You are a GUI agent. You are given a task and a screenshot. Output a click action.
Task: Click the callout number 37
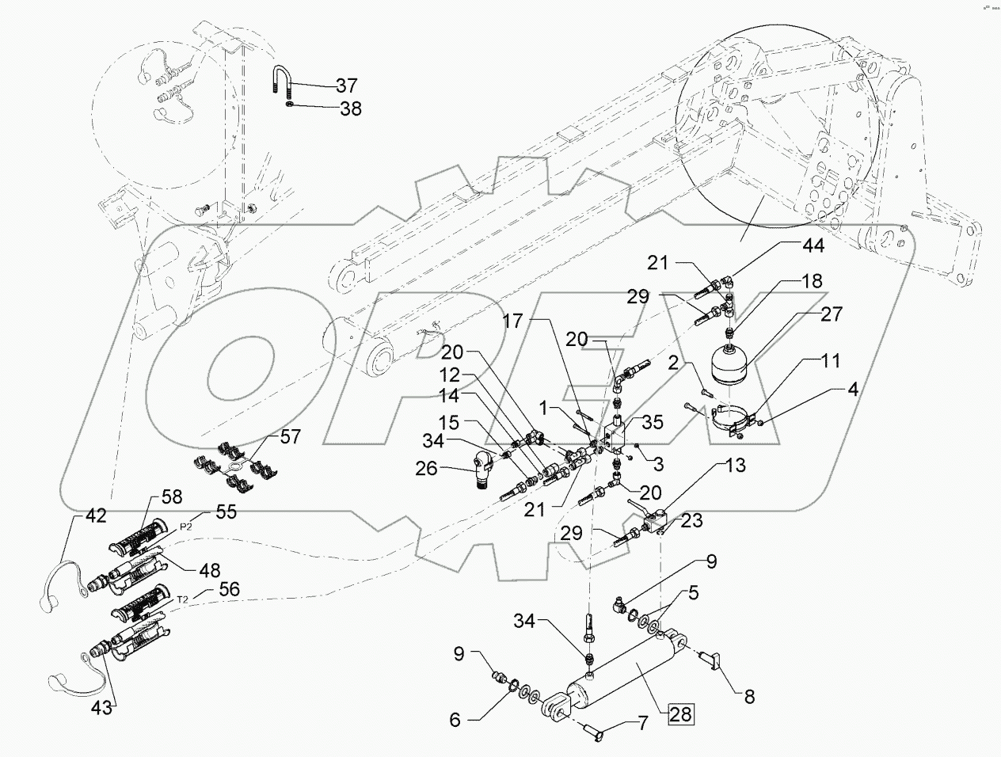point(346,85)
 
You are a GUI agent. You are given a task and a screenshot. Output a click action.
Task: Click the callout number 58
point(172,496)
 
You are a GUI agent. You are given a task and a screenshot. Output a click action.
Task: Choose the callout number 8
point(748,698)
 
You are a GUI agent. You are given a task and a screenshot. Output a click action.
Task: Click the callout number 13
point(736,466)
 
